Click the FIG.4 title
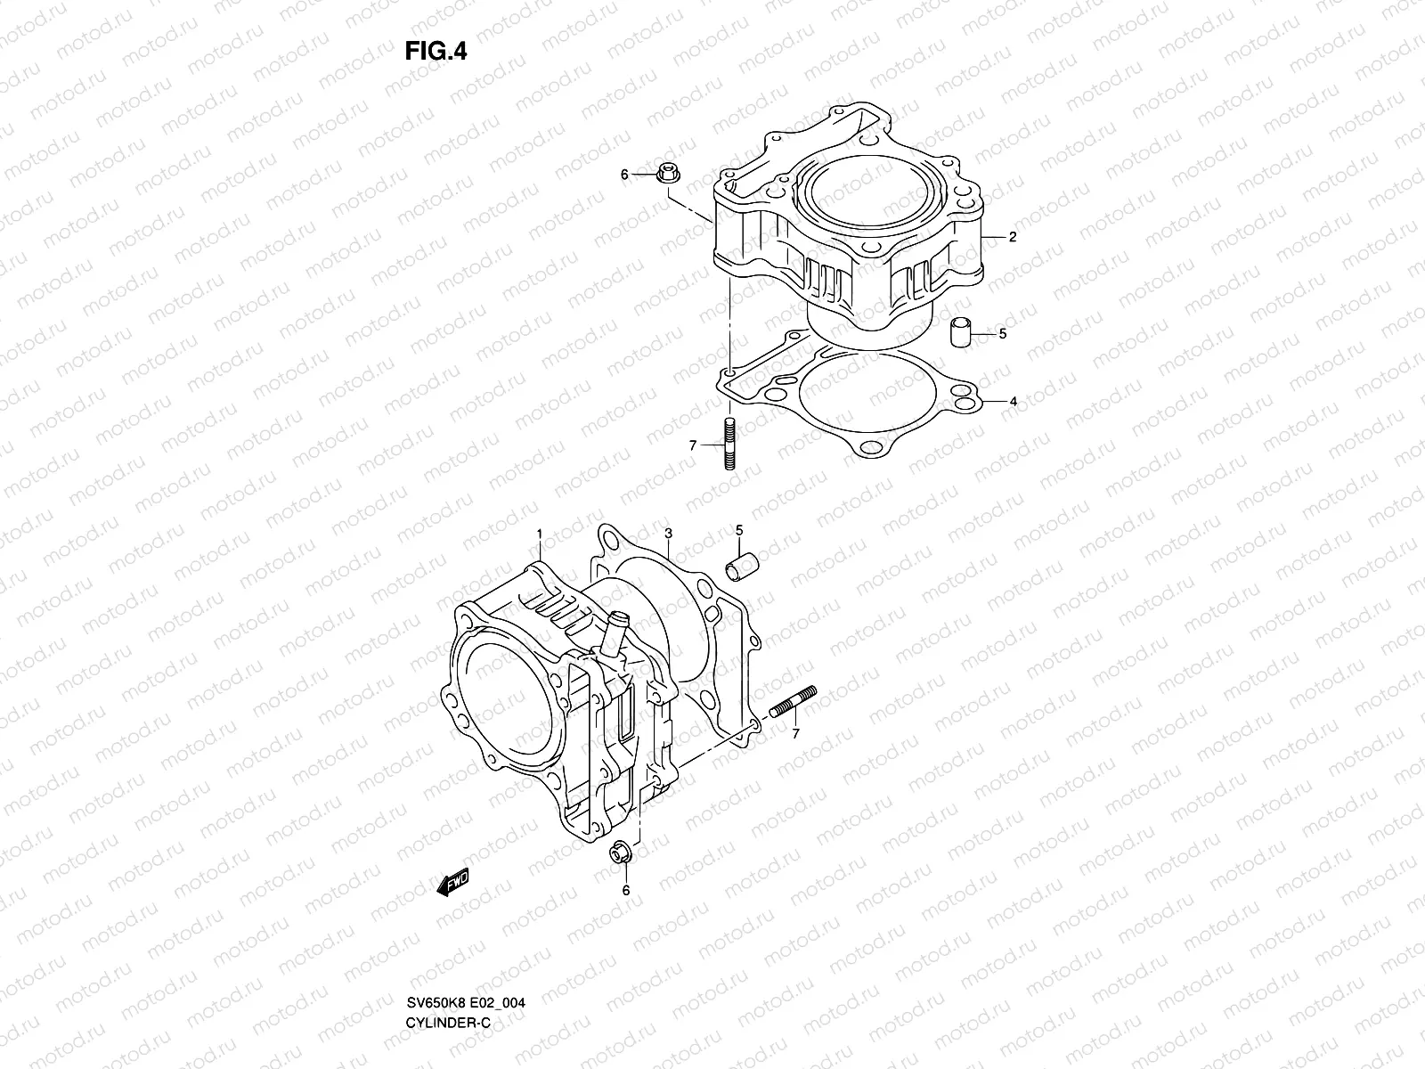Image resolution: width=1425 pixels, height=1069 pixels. click(436, 51)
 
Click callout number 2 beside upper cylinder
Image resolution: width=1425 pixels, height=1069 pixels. click(1013, 237)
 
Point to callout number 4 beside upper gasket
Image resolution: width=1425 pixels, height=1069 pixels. click(1013, 402)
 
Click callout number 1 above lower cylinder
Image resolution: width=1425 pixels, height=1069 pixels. click(538, 534)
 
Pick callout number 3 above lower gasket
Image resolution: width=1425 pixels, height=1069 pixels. click(668, 534)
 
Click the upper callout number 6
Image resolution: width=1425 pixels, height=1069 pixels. click(624, 175)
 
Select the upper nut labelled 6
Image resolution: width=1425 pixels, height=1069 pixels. click(669, 176)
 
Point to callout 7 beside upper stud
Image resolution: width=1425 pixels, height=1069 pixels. click(692, 444)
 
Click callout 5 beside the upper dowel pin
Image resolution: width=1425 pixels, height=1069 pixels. click(1002, 334)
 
